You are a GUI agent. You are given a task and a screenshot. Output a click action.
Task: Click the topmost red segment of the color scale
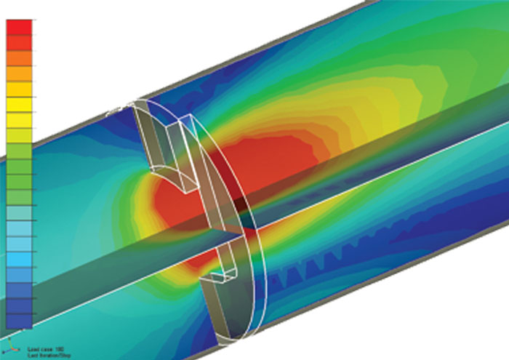pyautogui.click(x=19, y=26)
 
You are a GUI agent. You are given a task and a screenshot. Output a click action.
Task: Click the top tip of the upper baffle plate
pyautogui.click(x=138, y=103)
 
